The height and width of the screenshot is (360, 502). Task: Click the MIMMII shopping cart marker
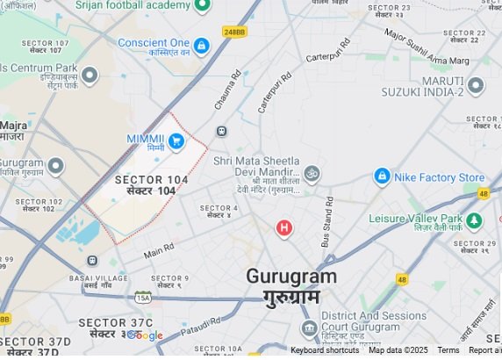tap(176, 140)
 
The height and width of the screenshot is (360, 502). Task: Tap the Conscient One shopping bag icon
tap(202, 45)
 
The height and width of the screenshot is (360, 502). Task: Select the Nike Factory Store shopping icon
tap(382, 177)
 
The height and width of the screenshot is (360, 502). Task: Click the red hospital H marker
tap(283, 228)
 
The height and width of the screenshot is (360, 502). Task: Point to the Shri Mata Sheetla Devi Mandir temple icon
tap(312, 172)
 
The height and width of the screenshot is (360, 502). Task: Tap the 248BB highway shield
tap(233, 32)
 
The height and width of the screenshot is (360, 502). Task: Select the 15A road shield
tap(143, 298)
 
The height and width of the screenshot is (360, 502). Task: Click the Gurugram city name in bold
tap(290, 276)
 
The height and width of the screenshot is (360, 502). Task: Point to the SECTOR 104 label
tap(151, 180)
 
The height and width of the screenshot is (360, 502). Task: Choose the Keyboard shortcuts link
tap(325, 350)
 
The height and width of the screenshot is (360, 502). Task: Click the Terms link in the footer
tap(448, 350)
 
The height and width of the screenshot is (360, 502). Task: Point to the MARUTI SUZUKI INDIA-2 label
tap(422, 85)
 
